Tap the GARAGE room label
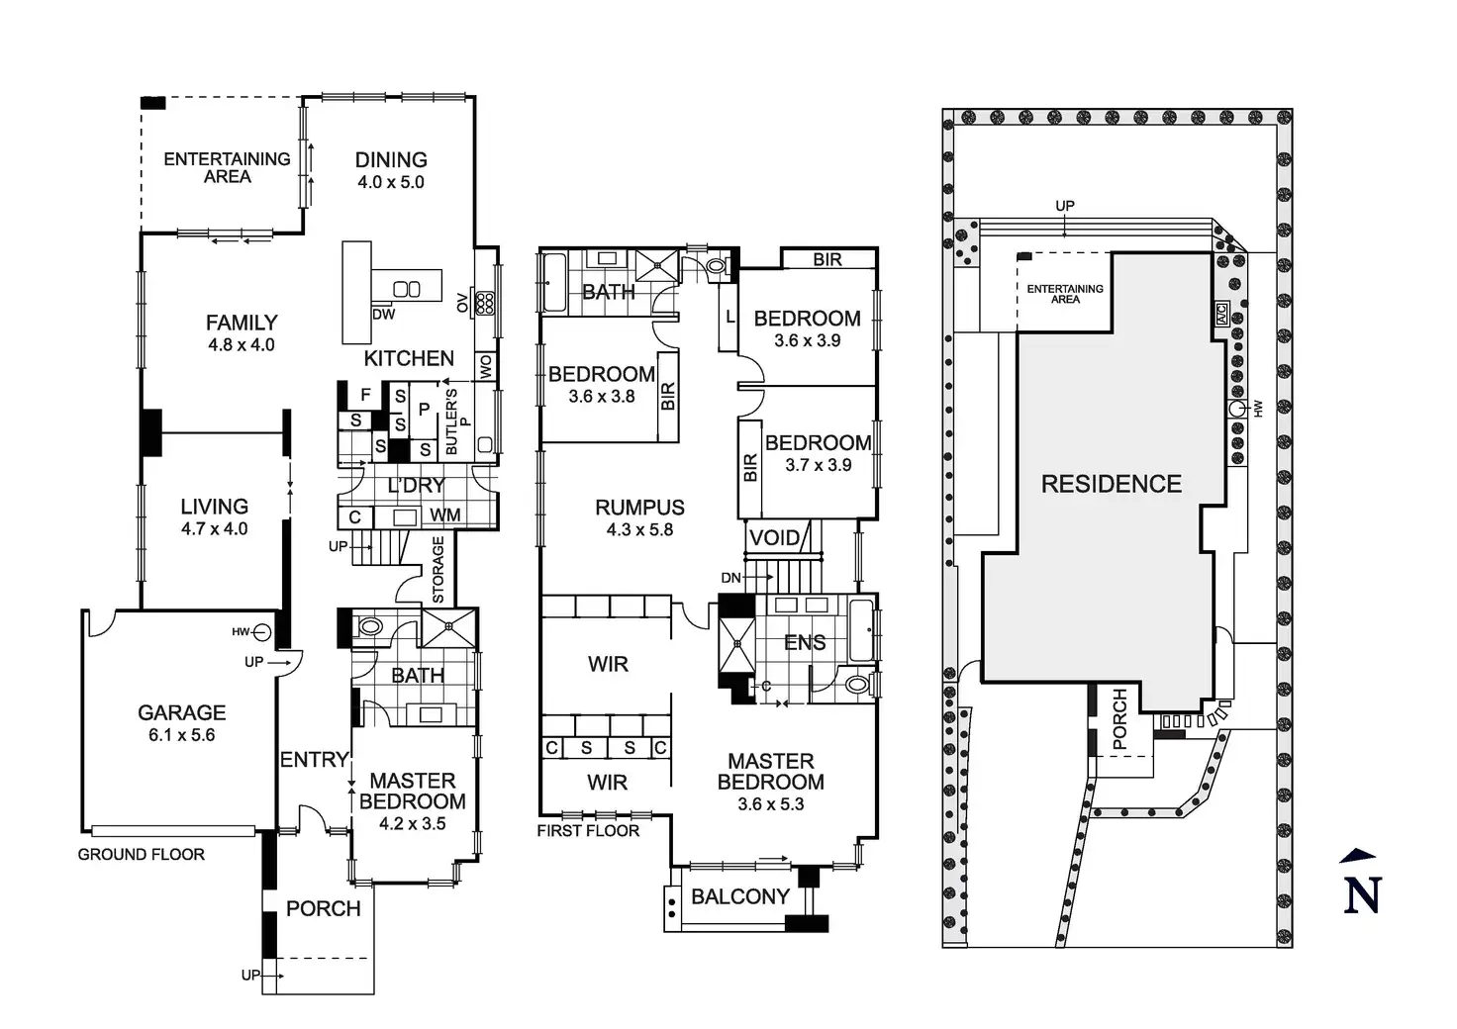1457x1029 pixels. pyautogui.click(x=181, y=712)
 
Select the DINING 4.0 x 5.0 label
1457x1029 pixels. pyautogui.click(x=391, y=169)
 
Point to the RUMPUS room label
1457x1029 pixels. pyautogui.click(x=639, y=508)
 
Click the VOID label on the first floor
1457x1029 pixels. pyautogui.click(x=774, y=538)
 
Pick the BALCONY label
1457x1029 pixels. pyautogui.click(x=739, y=896)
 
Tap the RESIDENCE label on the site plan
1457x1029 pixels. pyautogui.click(x=1111, y=484)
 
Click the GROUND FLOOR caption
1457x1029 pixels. pyautogui.click(x=142, y=854)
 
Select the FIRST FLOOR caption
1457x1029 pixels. pyautogui.click(x=588, y=831)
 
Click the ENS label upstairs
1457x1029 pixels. pyautogui.click(x=805, y=643)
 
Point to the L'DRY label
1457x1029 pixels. pyautogui.click(x=416, y=486)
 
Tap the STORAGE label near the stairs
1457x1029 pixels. pyautogui.click(x=438, y=570)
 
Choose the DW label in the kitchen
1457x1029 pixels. pyautogui.click(x=384, y=315)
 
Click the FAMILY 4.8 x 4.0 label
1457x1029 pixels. pyautogui.click(x=242, y=332)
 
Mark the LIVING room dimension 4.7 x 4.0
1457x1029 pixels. pyautogui.click(x=214, y=529)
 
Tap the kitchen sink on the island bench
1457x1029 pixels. pyautogui.click(x=407, y=289)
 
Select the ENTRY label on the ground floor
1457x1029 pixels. pyautogui.click(x=314, y=760)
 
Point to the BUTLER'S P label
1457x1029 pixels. pyautogui.click(x=454, y=422)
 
